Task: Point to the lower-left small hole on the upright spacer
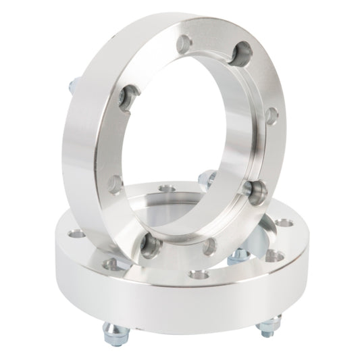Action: [x=117, y=181]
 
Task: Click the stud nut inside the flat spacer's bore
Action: [x=237, y=255]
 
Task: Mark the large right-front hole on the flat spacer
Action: [x=275, y=255]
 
